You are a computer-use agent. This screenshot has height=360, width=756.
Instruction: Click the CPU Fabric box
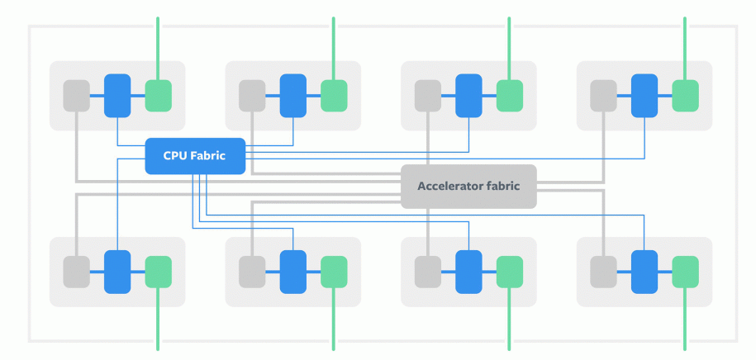coord(195,156)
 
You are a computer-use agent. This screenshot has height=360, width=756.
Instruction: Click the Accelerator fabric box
coord(468,186)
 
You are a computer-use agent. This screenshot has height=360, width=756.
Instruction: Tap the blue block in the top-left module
coord(117,95)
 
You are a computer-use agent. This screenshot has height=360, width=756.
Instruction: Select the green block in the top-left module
coord(159,95)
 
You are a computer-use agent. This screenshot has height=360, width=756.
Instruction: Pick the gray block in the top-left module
coord(76,95)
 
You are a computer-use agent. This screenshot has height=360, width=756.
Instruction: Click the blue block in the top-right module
coord(644,95)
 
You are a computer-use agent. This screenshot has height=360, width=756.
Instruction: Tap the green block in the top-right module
coord(685,95)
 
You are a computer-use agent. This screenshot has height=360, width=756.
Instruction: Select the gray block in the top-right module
coord(603,95)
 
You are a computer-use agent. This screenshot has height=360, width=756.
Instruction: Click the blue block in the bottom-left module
coord(117,272)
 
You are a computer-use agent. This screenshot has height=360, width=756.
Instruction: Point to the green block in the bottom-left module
coord(159,272)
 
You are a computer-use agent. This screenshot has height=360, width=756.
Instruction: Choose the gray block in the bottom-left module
coord(76,272)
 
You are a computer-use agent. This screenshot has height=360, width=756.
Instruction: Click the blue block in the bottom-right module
coord(644,272)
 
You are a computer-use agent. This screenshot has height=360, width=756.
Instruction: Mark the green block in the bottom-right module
coord(685,272)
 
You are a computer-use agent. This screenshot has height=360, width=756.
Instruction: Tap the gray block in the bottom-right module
coord(603,272)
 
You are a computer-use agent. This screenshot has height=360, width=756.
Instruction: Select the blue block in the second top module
coord(293,95)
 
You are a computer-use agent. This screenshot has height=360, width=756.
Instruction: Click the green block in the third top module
coord(510,95)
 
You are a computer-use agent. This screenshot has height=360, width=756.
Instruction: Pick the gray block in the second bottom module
coord(252,272)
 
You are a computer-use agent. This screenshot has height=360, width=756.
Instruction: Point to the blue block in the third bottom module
coord(468,272)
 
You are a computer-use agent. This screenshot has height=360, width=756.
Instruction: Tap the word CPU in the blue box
coord(176,156)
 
